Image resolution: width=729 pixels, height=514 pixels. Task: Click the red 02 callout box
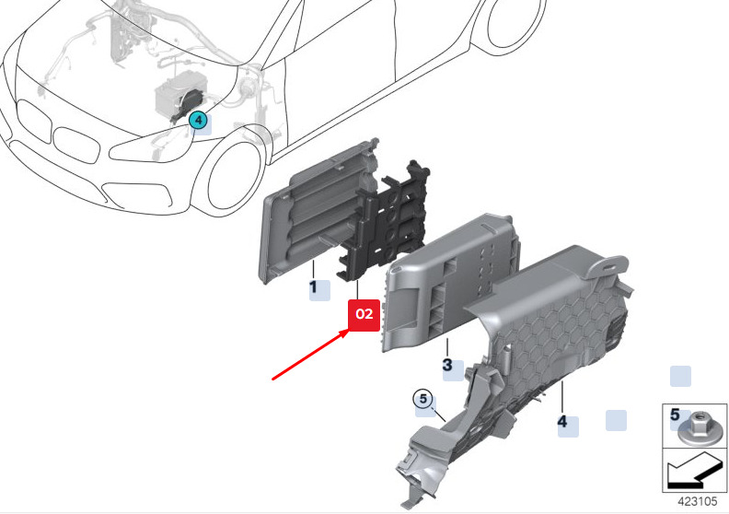[364, 315]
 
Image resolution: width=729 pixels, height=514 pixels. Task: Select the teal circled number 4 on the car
[198, 120]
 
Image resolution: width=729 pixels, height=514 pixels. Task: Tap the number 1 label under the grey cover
[313, 287]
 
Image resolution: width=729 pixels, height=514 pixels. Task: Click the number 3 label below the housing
[447, 364]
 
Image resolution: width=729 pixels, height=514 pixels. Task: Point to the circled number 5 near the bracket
[423, 399]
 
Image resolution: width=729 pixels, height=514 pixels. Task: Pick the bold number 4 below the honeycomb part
[562, 422]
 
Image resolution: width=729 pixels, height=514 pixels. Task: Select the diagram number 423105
[698, 501]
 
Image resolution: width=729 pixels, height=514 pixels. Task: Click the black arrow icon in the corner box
[693, 471]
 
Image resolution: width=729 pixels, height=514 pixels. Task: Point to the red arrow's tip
[351, 330]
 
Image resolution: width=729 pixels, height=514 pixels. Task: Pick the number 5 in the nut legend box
[675, 414]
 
